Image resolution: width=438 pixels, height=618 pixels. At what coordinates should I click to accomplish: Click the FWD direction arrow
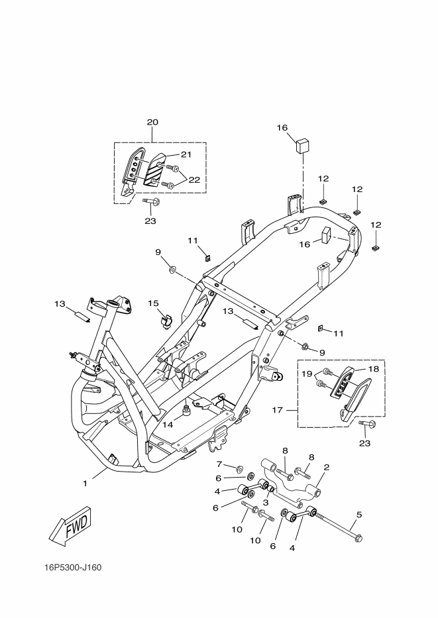[69, 527]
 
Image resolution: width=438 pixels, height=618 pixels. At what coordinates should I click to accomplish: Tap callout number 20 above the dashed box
[152, 123]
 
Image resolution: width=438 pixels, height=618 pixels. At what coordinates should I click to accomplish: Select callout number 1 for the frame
[85, 484]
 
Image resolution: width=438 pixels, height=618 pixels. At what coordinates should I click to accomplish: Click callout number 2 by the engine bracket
[326, 468]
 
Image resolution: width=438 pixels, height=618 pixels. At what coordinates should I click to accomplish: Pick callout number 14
[168, 425]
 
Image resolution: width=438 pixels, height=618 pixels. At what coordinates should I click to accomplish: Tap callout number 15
[153, 303]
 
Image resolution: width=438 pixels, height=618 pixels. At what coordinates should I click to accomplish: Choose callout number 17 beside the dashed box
[278, 410]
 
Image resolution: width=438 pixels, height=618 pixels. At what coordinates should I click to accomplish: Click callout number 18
[374, 368]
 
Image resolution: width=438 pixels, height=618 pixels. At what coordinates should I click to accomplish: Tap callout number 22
[194, 179]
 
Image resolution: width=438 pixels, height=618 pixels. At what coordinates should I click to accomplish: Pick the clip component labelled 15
[165, 321]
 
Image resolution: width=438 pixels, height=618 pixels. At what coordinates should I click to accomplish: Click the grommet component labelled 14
[186, 411]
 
